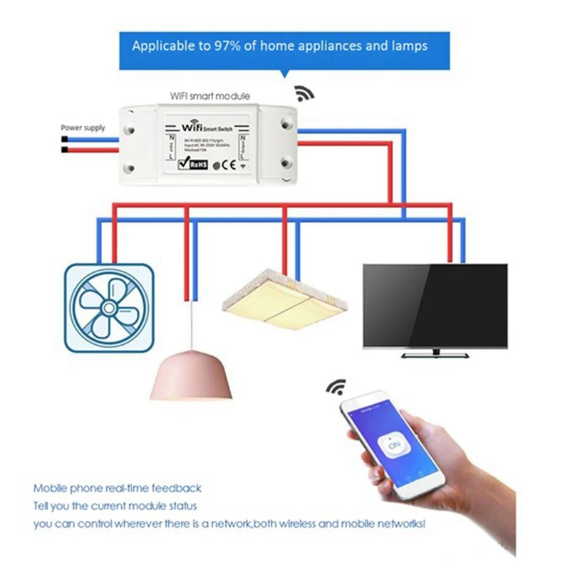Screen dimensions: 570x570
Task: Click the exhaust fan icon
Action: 109,308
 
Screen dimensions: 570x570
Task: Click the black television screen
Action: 435,305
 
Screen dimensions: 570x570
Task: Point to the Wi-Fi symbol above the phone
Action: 336,388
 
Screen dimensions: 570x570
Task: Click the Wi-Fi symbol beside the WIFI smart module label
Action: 304,93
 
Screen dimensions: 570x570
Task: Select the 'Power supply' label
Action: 83,128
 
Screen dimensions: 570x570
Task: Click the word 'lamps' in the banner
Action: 409,46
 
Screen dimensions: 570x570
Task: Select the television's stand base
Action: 435,353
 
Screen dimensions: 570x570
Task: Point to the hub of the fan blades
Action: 109,308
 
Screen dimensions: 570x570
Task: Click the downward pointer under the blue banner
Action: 285,74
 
